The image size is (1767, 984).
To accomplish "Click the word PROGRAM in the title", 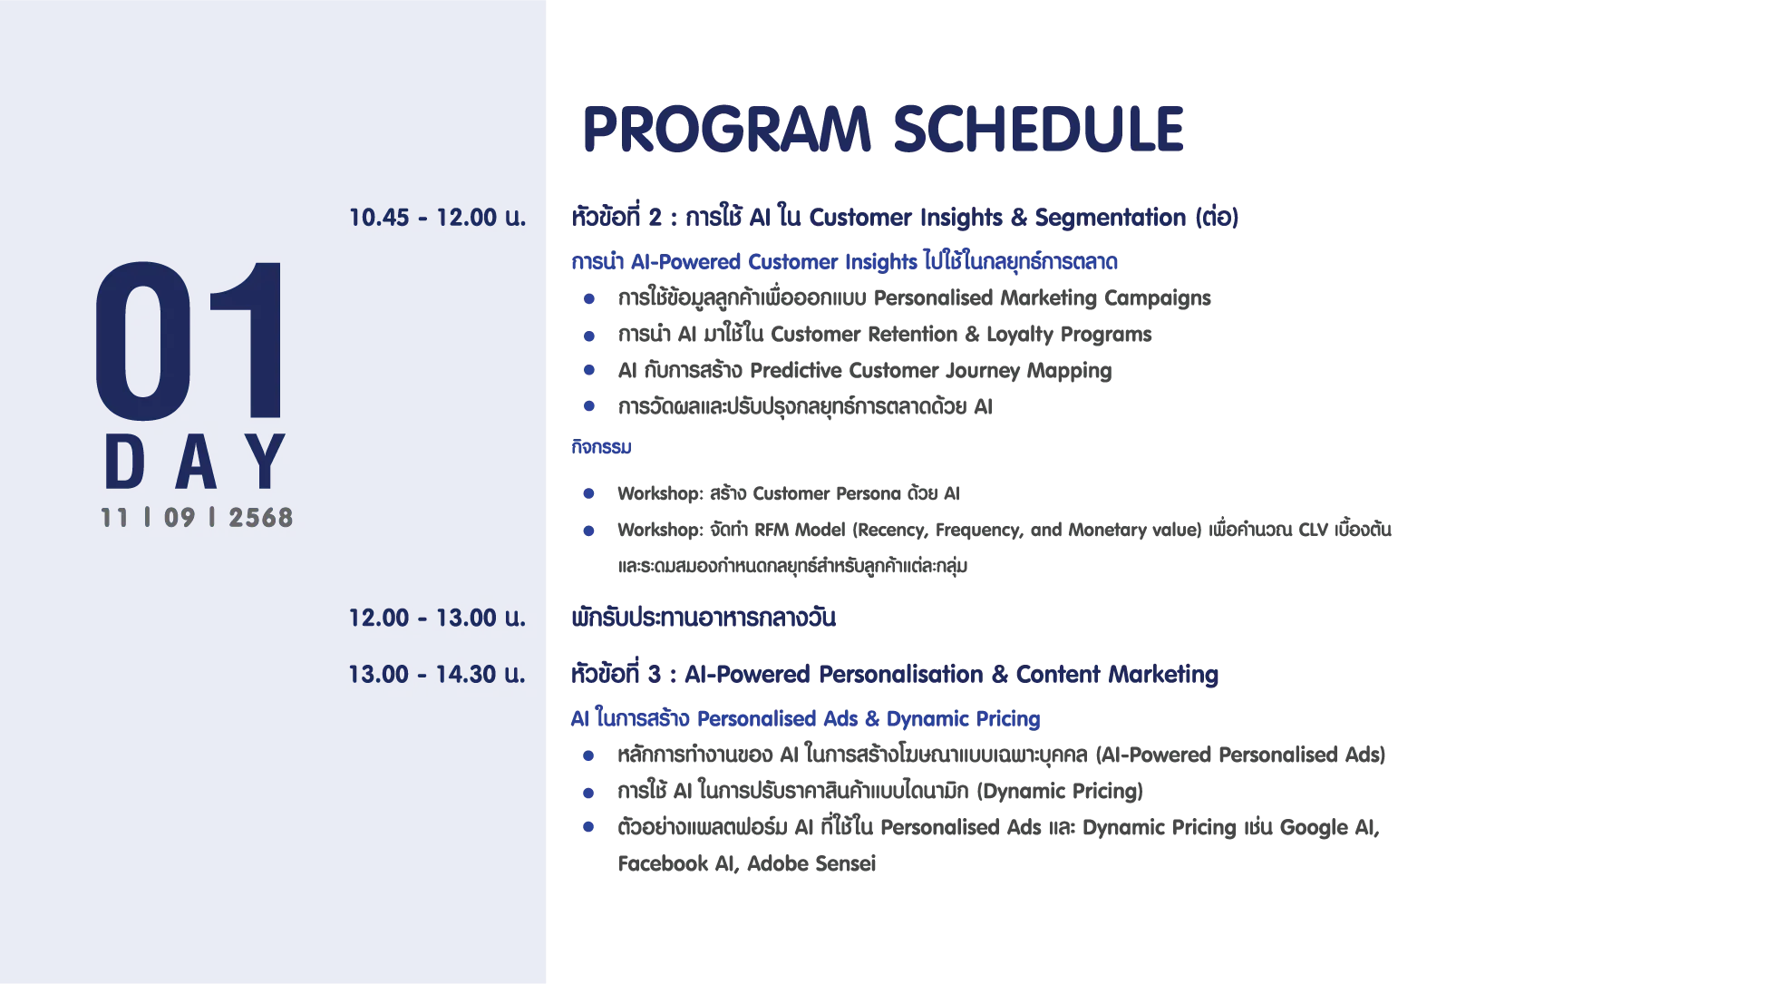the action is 726,129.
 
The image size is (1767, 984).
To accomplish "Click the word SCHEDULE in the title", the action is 1039,129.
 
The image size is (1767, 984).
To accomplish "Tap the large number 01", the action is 189,341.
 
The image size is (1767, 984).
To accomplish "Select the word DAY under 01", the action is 195,462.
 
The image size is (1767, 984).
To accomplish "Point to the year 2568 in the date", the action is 261,518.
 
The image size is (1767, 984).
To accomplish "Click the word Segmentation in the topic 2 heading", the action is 1111,218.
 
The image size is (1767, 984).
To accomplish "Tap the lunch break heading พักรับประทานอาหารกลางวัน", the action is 704,618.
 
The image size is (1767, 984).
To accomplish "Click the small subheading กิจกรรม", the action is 601,446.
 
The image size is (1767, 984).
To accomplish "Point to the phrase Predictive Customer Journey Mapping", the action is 931,371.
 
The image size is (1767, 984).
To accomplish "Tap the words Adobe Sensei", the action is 811,863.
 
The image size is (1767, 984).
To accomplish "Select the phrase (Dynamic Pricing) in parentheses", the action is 1060,792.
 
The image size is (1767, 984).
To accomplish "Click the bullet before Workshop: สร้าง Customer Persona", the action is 589,493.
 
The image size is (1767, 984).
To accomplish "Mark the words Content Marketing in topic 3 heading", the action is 1117,674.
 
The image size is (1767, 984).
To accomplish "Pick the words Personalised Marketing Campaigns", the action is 1043,298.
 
